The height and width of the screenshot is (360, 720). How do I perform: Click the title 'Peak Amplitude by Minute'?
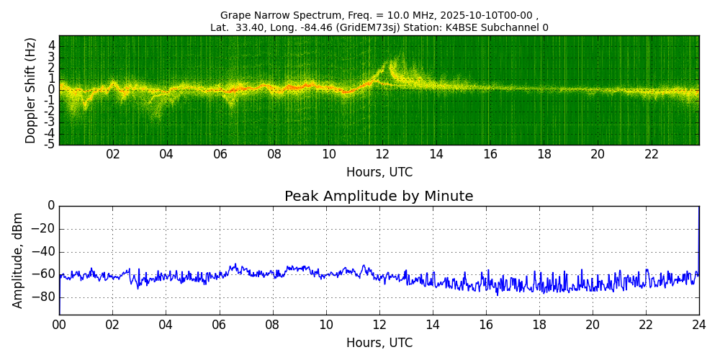tap(379, 197)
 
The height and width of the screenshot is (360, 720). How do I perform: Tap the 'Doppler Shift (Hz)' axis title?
tap(31, 91)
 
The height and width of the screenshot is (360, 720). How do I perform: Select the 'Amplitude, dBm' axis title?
tap(19, 260)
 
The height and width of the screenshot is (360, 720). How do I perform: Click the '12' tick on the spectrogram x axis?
tap(382, 154)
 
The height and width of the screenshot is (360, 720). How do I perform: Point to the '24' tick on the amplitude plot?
tap(698, 325)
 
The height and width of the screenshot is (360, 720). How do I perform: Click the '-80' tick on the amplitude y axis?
tap(45, 297)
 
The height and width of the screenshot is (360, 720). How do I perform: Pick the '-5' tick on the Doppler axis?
tap(50, 144)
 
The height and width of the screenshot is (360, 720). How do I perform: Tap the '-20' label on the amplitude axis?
tap(45, 229)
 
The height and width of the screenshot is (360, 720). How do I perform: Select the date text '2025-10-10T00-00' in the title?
tap(492, 15)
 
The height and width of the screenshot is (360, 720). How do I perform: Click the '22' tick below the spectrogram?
tap(652, 154)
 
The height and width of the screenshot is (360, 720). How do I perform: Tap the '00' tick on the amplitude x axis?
tap(59, 325)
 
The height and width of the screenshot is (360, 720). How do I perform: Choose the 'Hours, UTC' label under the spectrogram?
tap(379, 172)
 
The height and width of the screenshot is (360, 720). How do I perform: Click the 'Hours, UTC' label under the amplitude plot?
tap(379, 343)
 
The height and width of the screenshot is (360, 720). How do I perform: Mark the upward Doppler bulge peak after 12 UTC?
tap(392, 62)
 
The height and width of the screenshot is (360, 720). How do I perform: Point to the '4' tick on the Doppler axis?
tap(52, 45)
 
